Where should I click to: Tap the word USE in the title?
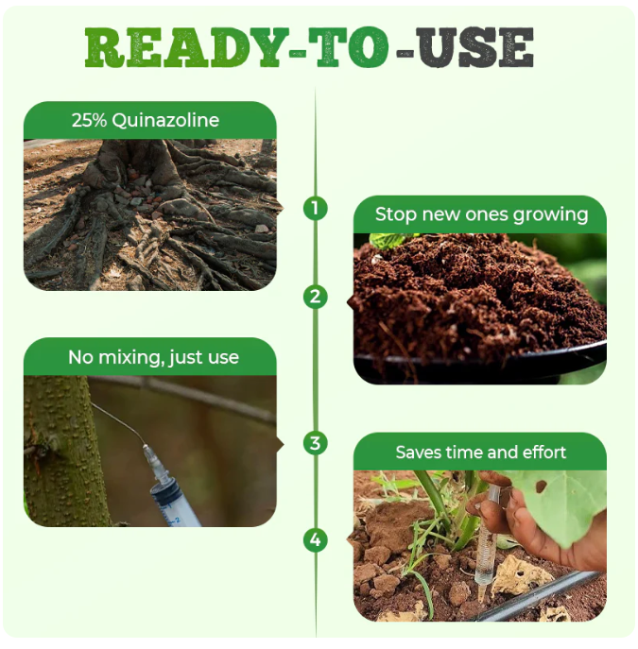pyautogui.click(x=477, y=47)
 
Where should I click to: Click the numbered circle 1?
pyautogui.click(x=316, y=208)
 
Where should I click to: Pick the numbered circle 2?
pyautogui.click(x=316, y=297)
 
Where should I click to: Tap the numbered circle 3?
pyautogui.click(x=316, y=442)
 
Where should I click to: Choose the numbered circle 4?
pyautogui.click(x=316, y=540)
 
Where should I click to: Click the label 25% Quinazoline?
pyautogui.click(x=146, y=120)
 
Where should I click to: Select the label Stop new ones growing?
pyautogui.click(x=481, y=214)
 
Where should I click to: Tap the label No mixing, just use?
pyautogui.click(x=153, y=357)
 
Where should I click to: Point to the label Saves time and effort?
pyautogui.click(x=481, y=453)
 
